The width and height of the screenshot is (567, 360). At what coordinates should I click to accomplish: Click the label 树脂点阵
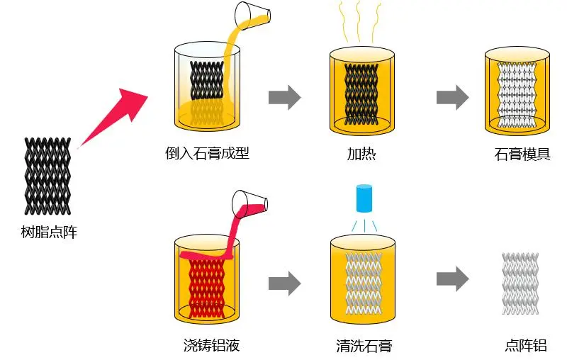click(49, 231)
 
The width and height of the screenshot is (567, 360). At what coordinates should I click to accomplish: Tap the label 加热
click(361, 153)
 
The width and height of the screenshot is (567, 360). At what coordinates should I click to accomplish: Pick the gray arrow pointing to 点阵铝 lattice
click(452, 278)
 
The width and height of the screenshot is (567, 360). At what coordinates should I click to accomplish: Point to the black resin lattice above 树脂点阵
click(48, 173)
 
